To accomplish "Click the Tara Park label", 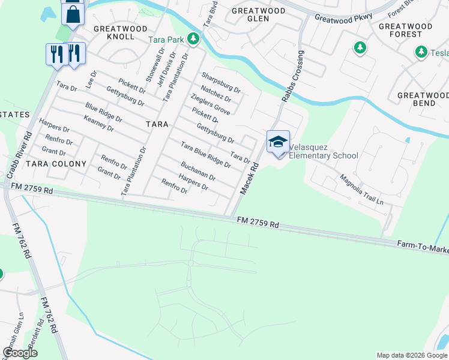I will coord(166,40).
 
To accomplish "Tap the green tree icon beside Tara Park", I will coord(193,40).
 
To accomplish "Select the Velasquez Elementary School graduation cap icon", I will coord(278,142).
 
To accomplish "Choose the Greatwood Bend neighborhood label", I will coord(423,99).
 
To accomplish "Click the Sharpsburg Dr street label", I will coord(220,83).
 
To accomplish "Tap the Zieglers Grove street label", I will coord(210,104).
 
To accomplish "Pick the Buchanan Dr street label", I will coord(198,170).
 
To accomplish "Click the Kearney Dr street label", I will coord(98,124).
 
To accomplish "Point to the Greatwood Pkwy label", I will coord(344,18).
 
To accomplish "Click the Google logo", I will coord(20,353).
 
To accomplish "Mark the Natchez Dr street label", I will coord(215,94).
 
